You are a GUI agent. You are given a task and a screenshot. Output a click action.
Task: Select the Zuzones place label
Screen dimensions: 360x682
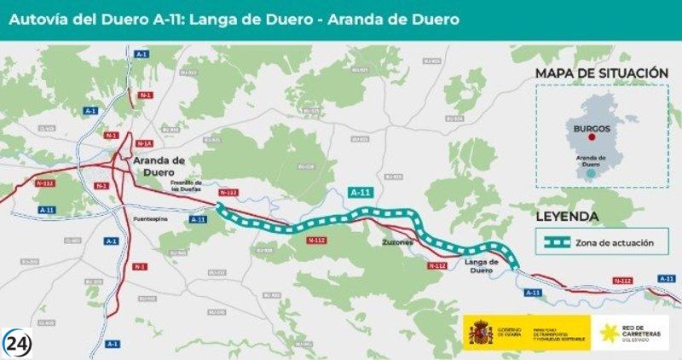(x=396, y=242)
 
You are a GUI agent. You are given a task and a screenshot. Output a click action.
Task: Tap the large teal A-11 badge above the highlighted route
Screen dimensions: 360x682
(x=361, y=194)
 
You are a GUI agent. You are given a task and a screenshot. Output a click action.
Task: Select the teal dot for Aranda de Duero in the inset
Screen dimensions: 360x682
(x=591, y=173)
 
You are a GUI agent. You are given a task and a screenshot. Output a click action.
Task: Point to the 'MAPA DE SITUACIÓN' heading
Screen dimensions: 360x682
(x=602, y=73)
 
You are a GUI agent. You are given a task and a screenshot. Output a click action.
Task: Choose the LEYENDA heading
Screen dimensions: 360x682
(x=566, y=217)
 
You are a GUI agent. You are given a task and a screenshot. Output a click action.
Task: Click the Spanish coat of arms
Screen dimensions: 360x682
(x=480, y=332)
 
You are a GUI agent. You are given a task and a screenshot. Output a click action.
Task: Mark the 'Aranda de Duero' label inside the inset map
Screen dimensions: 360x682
(x=591, y=160)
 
